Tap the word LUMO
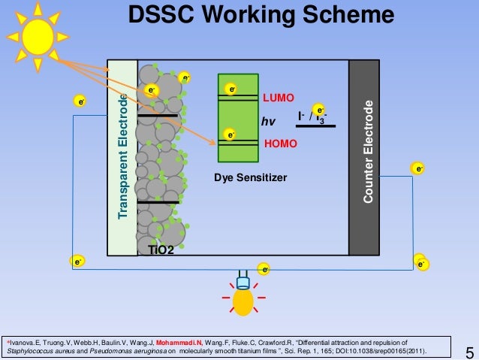point(278,98)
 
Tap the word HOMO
point(282,142)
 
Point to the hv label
point(269,121)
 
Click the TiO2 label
point(161,250)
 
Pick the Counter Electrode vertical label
point(367,150)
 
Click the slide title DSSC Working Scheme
point(260,15)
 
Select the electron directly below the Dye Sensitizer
point(264,268)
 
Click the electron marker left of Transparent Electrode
point(78,101)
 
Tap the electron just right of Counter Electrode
point(417,169)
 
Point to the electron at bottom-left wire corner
point(77,261)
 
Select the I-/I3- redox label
point(312,117)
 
